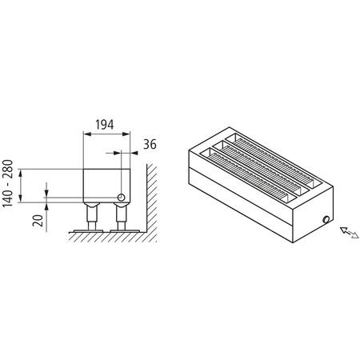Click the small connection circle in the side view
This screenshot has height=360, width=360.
point(121,196)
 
